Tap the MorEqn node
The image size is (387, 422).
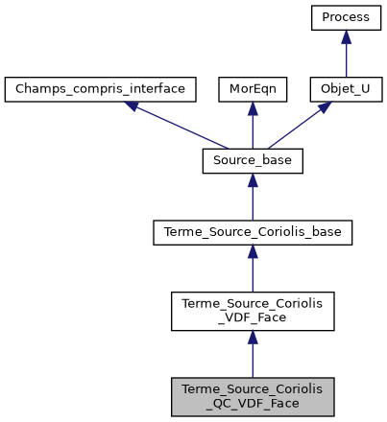253,90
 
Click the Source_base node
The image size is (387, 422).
253,161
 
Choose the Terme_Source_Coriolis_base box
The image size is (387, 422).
253,232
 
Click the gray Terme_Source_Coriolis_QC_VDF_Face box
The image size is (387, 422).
253,395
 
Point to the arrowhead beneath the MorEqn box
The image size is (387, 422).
253,109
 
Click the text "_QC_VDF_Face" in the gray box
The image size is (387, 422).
253,403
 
